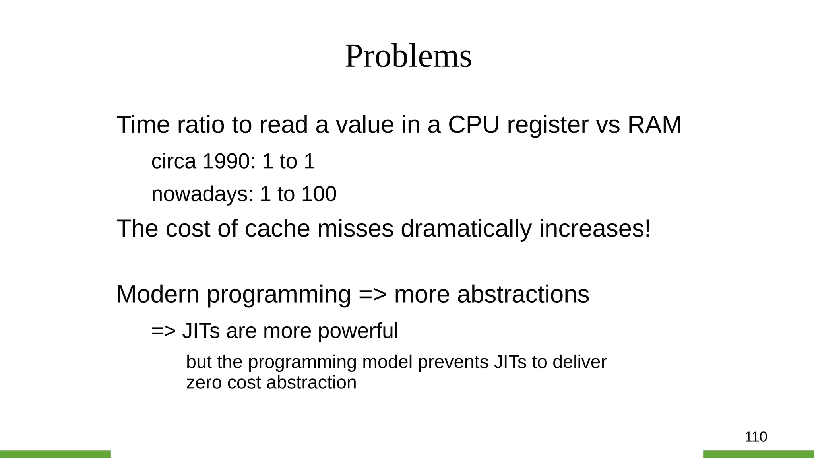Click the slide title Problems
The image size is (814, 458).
point(408,56)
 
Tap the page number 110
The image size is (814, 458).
point(756,437)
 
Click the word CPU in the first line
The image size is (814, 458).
point(473,125)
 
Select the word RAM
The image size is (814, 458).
point(654,125)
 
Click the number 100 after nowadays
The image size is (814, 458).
point(319,194)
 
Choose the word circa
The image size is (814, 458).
point(174,161)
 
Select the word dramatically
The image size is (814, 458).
point(466,229)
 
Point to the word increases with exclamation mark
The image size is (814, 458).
point(595,229)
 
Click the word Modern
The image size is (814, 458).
point(158,295)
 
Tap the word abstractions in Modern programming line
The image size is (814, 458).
point(523,295)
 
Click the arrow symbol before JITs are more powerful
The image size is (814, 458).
point(163,331)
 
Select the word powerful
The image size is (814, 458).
point(358,331)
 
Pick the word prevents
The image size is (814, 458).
point(453,362)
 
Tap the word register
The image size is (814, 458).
point(548,125)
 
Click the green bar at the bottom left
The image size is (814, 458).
point(55,454)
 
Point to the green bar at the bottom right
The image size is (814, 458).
point(758,454)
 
